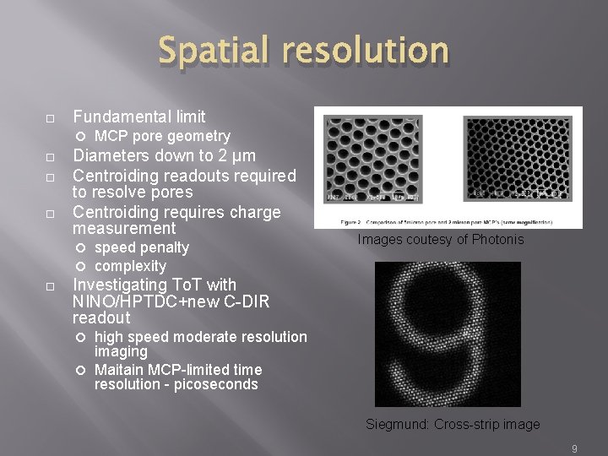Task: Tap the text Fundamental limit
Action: [139, 117]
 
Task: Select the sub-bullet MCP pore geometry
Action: [162, 136]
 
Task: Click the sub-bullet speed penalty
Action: [141, 247]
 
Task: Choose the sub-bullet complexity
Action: [130, 266]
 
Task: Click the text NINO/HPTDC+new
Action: [132, 301]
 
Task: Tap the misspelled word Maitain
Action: [119, 370]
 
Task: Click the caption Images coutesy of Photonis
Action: [440, 240]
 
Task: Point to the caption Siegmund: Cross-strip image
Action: [453, 425]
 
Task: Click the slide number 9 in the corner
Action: [574, 448]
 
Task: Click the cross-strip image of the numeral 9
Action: [448, 334]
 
